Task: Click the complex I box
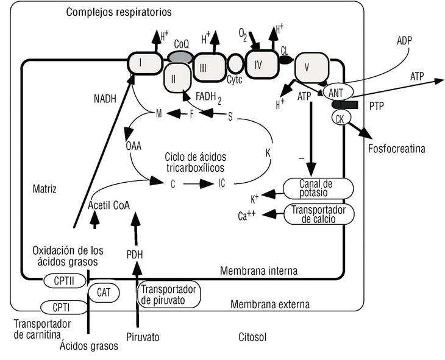click(144, 62)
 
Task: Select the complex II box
click(176, 79)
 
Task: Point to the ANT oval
click(336, 93)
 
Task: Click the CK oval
click(340, 118)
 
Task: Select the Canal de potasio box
click(319, 188)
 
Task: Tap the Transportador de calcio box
click(319, 214)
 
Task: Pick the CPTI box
click(59, 306)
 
